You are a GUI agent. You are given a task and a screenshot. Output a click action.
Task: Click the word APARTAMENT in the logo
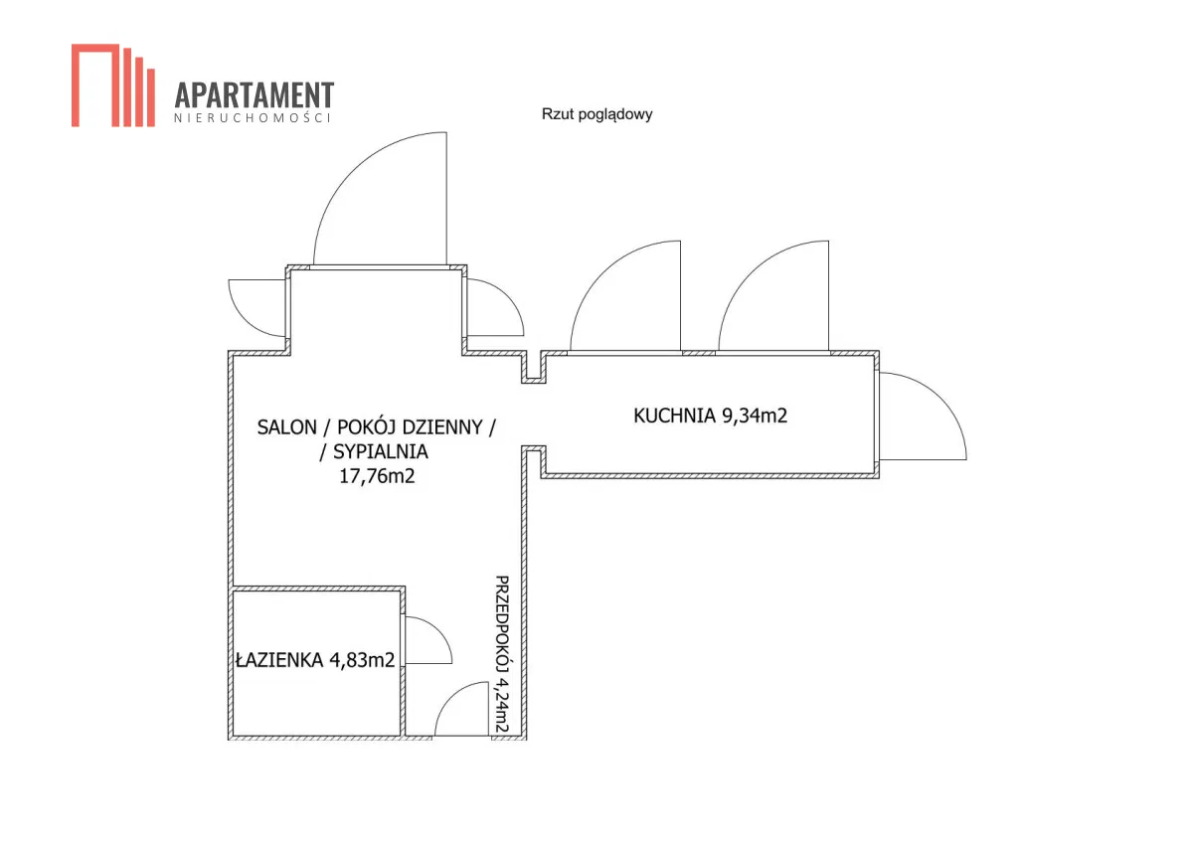tap(255, 94)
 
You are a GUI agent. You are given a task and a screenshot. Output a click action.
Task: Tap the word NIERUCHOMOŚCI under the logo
tap(253, 117)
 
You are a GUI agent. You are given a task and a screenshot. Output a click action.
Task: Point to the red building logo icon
tap(113, 85)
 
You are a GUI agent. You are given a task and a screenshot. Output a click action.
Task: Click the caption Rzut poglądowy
tap(596, 114)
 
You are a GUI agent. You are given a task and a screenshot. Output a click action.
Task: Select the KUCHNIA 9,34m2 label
tap(710, 416)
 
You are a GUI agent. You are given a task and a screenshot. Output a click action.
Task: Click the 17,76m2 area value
tap(377, 475)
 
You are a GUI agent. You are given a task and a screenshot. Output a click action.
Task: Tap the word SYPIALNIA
tap(380, 451)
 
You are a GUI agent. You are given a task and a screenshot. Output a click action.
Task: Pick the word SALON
tap(286, 427)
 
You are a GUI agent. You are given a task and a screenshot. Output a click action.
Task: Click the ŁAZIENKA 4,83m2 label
tap(315, 660)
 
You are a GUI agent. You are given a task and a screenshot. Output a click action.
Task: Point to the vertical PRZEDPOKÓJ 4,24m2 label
tap(502, 653)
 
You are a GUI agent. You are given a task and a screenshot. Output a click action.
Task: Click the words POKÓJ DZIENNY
tap(410, 427)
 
